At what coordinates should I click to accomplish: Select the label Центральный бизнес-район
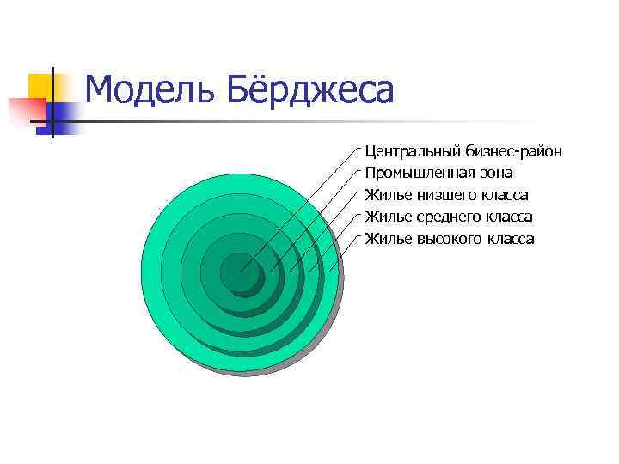(x=463, y=151)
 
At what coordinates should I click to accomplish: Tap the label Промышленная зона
(x=438, y=174)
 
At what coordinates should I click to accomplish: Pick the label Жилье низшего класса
(x=446, y=195)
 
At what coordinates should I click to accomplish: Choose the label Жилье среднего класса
(x=449, y=217)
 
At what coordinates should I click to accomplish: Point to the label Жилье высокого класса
(x=450, y=239)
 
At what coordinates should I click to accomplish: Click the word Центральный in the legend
(x=414, y=151)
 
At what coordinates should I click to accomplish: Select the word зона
(x=494, y=174)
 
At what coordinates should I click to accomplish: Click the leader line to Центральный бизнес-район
(x=301, y=206)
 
